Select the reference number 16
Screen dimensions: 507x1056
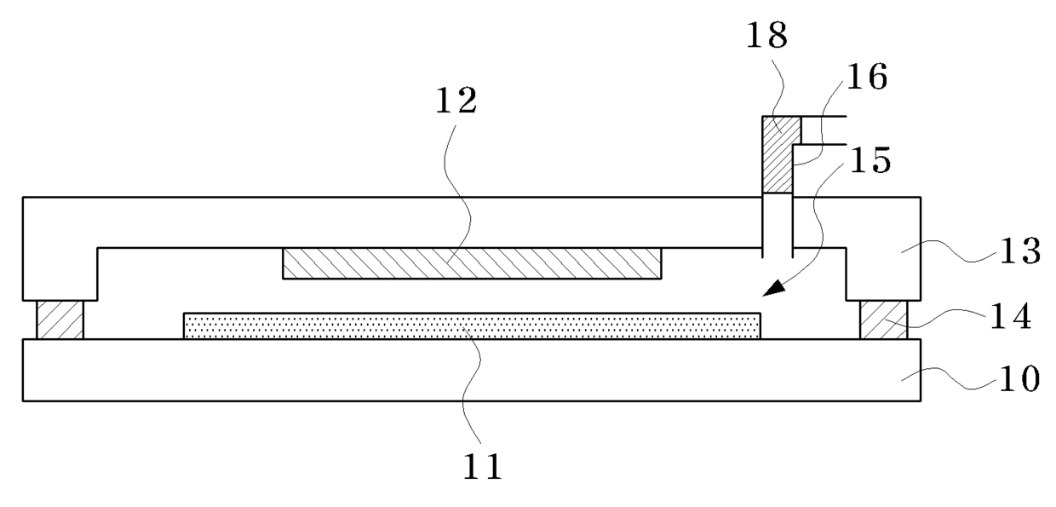pyautogui.click(x=862, y=78)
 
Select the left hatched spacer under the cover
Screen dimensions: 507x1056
pyautogui.click(x=60, y=320)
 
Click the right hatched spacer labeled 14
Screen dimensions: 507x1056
pyautogui.click(x=883, y=320)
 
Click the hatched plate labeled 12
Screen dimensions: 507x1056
pyautogui.click(x=471, y=263)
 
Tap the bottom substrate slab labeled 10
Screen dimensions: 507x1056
pyautogui.click(x=471, y=370)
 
